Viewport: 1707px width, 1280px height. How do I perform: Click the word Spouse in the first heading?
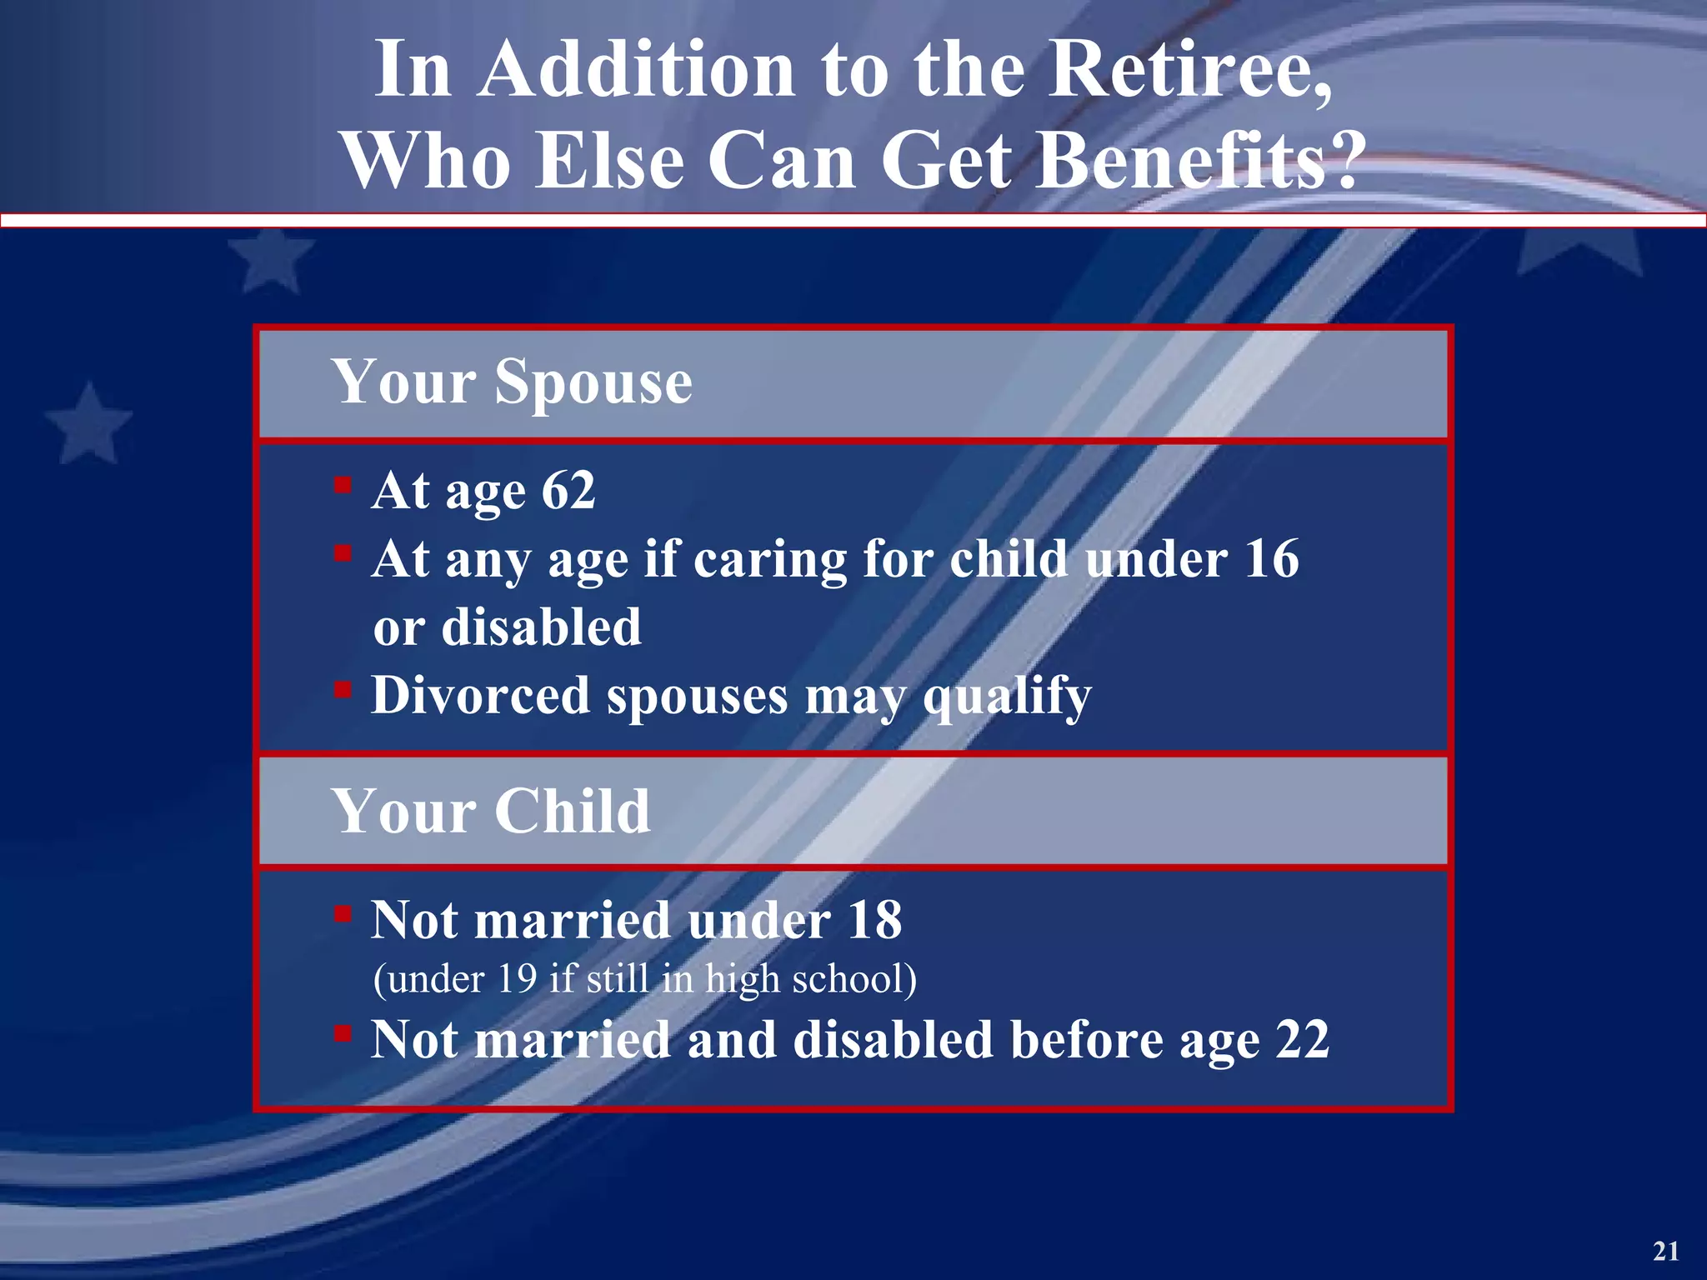(593, 382)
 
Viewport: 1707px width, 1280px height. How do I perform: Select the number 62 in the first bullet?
(568, 490)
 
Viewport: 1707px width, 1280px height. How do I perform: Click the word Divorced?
(479, 695)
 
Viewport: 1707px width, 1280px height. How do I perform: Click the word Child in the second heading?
(573, 811)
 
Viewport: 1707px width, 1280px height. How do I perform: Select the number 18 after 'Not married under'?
(874, 920)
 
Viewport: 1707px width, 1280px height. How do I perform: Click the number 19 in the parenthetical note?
(517, 978)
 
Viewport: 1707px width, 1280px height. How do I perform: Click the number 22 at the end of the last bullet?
(1302, 1040)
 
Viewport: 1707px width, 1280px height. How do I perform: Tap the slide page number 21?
(1665, 1251)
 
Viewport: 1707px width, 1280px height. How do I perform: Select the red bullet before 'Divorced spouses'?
(343, 689)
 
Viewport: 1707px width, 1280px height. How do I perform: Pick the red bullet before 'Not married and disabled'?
(343, 1034)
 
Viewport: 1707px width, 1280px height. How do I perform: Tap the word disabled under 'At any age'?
(541, 627)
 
